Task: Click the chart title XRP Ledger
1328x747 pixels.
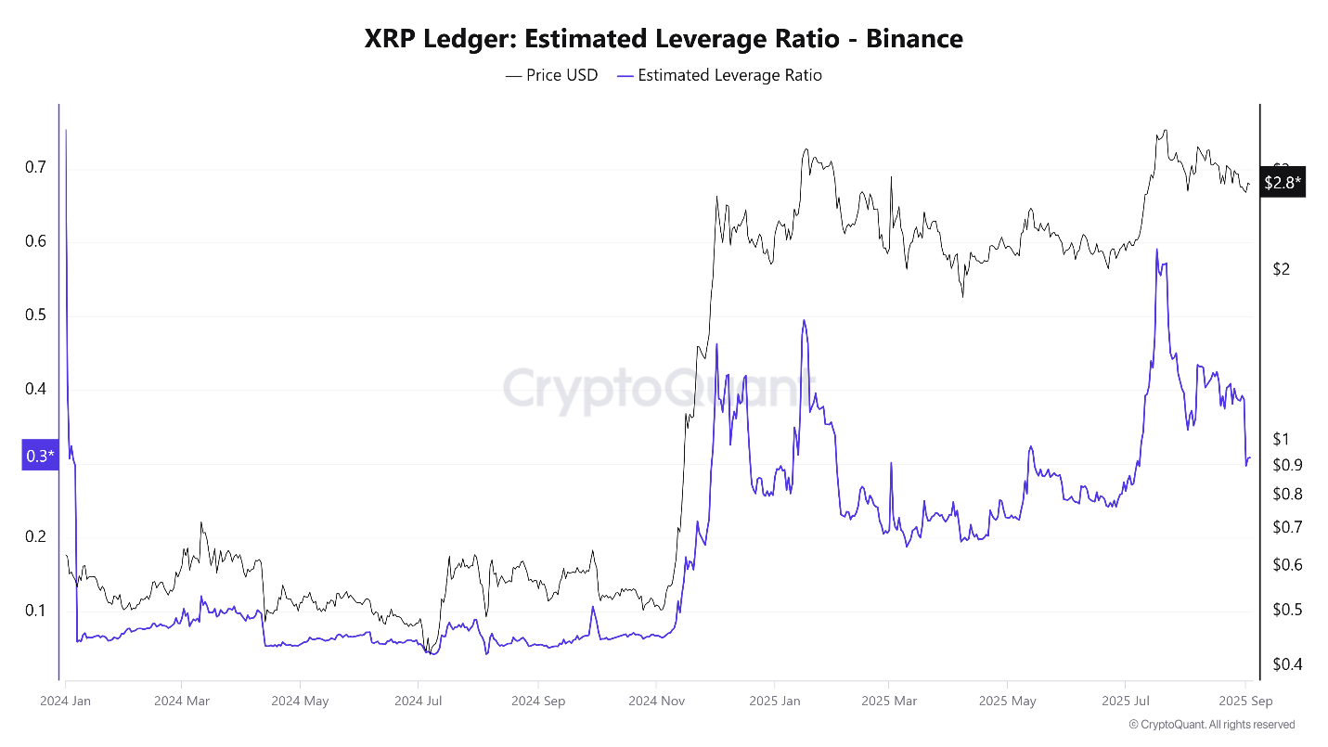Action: tap(663, 38)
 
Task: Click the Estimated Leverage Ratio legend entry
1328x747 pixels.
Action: tap(719, 75)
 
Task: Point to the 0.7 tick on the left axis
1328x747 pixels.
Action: tap(36, 168)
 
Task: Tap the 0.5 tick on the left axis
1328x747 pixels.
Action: tap(36, 316)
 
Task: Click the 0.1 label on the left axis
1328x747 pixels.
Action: tap(36, 610)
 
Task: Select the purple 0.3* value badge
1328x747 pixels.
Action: tap(40, 456)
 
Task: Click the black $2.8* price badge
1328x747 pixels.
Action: tap(1282, 182)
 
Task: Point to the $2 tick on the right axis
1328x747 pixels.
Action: tap(1282, 269)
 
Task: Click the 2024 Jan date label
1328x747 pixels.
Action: tap(65, 702)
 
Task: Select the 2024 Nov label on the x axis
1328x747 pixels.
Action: tap(655, 702)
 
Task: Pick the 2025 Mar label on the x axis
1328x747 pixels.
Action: tap(888, 702)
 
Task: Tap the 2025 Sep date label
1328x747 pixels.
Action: tap(1245, 702)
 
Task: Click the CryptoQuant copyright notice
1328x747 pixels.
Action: tap(1211, 725)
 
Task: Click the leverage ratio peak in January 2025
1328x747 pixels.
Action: tap(804, 320)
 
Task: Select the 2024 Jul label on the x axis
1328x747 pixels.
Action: tap(418, 702)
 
